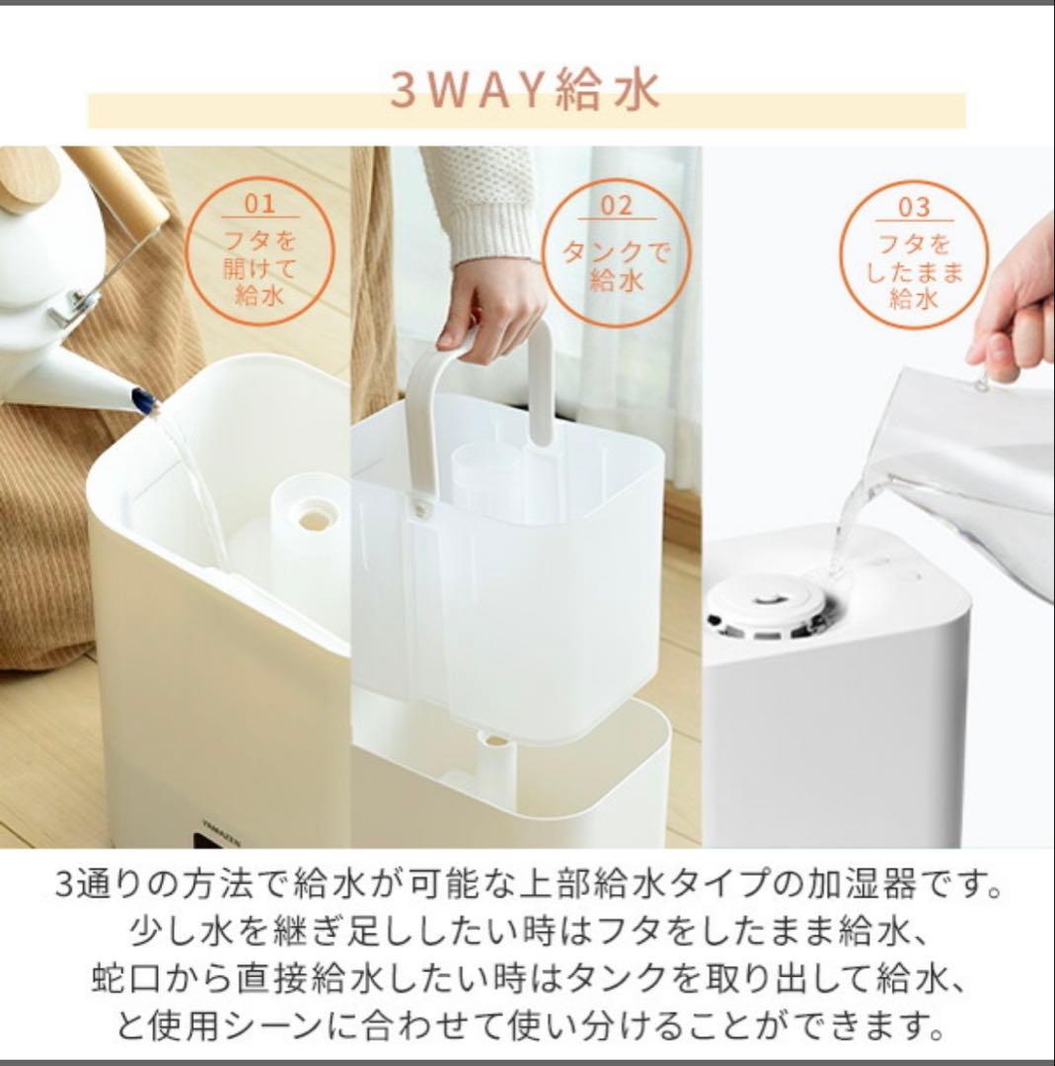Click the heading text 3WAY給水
point(524,91)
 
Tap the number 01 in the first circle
point(260,204)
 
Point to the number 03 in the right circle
point(914,207)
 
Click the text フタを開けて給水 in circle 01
point(260,266)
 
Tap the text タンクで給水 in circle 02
point(616,266)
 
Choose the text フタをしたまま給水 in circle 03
point(914,271)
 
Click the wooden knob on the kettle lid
point(27,178)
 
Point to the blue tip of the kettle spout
point(145,401)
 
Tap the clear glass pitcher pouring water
point(962,464)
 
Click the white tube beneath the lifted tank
point(496,765)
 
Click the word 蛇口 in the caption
point(116,980)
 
